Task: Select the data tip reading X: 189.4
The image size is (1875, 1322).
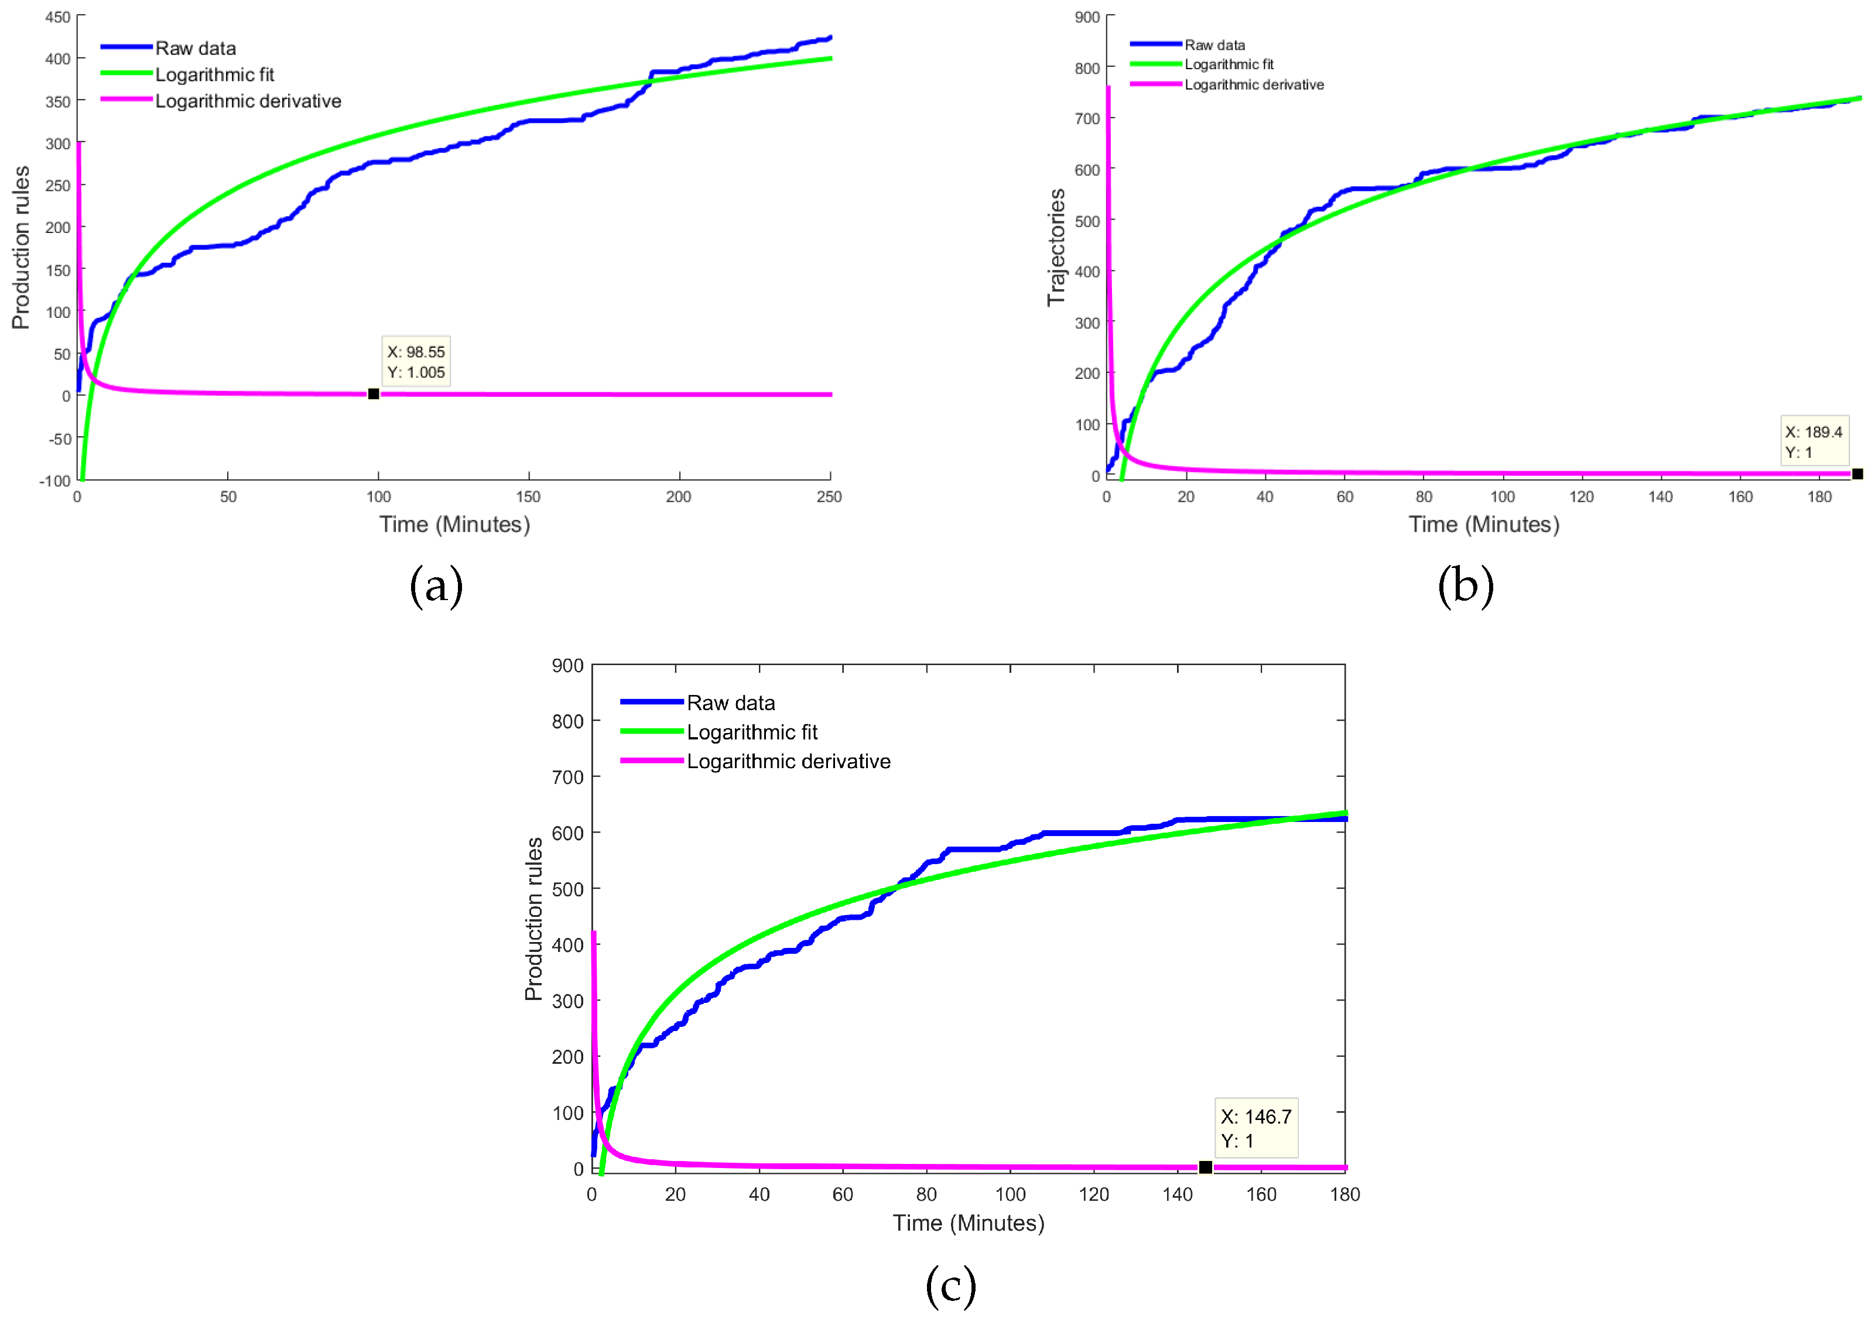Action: click(1813, 442)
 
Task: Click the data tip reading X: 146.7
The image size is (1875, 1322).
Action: click(1255, 1128)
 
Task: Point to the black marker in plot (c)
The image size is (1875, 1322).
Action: click(1205, 1167)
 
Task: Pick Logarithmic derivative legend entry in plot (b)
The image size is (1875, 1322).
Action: click(1254, 85)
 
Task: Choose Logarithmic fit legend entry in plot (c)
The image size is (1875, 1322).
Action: click(751, 732)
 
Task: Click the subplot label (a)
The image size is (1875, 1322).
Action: click(436, 585)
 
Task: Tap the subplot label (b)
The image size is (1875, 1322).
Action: click(1465, 585)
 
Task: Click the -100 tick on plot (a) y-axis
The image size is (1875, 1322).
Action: click(56, 481)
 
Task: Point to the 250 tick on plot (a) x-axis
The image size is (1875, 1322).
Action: click(829, 496)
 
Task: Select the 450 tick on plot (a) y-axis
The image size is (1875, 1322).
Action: click(57, 17)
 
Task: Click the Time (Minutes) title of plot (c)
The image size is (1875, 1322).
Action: click(968, 1222)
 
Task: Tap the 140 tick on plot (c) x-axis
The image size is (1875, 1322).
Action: click(1177, 1194)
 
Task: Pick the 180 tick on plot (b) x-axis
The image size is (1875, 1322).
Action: click(1819, 496)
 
